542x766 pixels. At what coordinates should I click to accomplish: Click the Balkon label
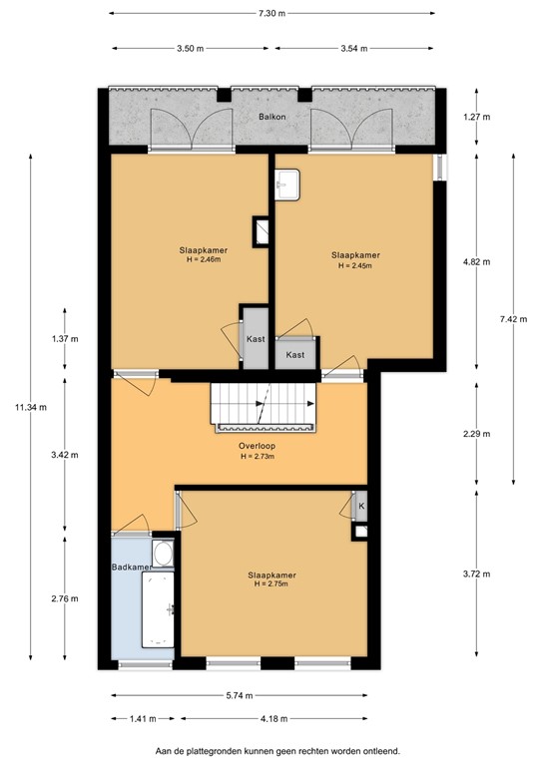[x=271, y=117]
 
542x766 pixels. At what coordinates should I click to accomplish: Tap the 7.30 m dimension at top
[x=271, y=14]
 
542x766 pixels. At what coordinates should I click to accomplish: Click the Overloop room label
[x=257, y=447]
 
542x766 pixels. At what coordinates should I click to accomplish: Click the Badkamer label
[x=131, y=568]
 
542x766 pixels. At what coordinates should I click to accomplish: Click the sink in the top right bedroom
[x=288, y=182]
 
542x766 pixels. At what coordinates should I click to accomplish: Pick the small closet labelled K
[x=360, y=506]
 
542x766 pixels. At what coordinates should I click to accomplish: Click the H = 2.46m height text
[x=200, y=260]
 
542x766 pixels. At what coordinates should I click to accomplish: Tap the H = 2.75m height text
[x=271, y=583]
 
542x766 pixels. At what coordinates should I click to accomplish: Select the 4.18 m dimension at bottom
[x=271, y=718]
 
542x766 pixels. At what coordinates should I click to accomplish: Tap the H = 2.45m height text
[x=355, y=266]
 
